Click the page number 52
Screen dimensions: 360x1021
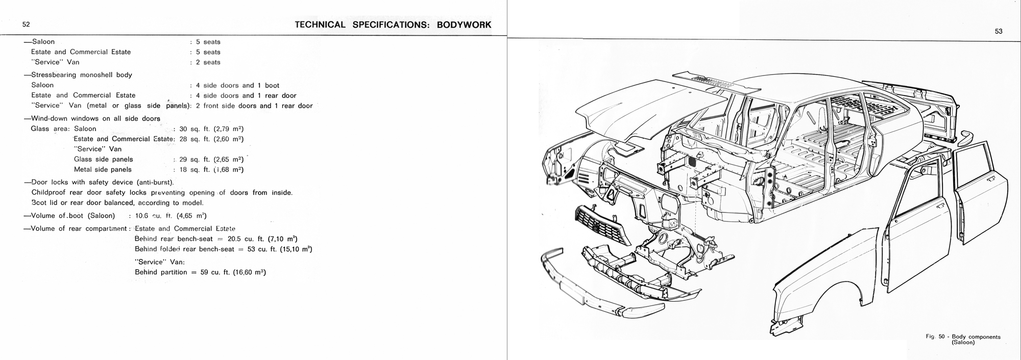pyautogui.click(x=26, y=25)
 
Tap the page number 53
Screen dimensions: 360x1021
pyautogui.click(x=999, y=32)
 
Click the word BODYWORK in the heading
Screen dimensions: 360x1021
pyautogui.click(x=464, y=25)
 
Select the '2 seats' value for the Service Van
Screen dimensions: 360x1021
pyautogui.click(x=208, y=62)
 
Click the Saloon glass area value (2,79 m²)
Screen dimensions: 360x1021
pyautogui.click(x=228, y=129)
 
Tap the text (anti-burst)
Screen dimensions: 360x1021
pyautogui.click(x=155, y=182)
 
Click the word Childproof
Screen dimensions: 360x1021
pyautogui.click(x=51, y=193)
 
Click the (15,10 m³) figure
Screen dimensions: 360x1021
pyautogui.click(x=296, y=249)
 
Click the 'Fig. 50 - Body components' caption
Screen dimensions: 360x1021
pyautogui.click(x=963, y=337)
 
